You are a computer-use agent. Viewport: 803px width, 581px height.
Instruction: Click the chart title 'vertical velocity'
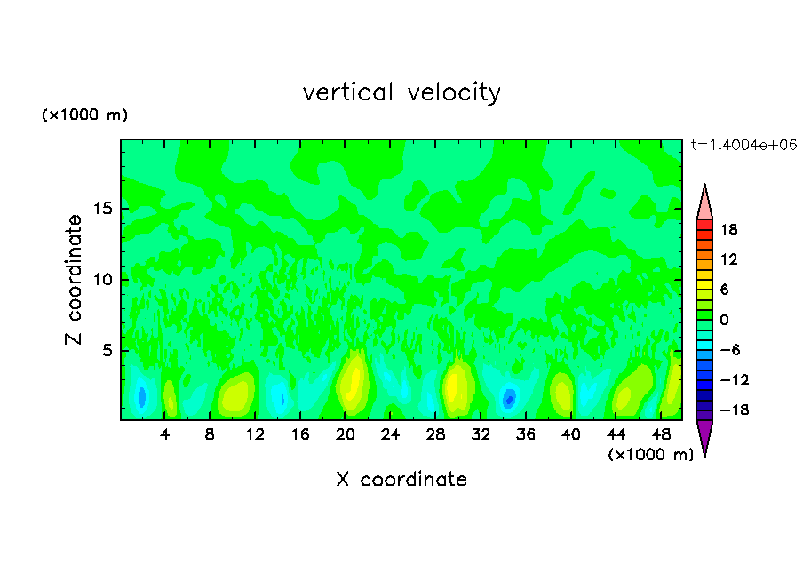401,92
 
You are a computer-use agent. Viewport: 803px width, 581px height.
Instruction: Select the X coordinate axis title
401,480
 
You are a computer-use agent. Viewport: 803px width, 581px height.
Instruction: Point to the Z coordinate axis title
75,280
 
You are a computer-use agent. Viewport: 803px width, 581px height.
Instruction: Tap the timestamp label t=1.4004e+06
745,145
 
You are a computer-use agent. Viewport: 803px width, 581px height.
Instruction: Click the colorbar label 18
728,229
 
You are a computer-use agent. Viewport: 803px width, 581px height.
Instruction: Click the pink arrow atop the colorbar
704,202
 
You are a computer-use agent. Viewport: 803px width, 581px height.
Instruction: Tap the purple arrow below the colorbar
704,436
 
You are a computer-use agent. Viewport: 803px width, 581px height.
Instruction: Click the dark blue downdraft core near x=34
509,399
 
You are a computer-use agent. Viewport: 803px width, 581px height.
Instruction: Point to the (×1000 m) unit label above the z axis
85,115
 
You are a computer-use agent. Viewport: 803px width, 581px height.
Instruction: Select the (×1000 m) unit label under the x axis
650,455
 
